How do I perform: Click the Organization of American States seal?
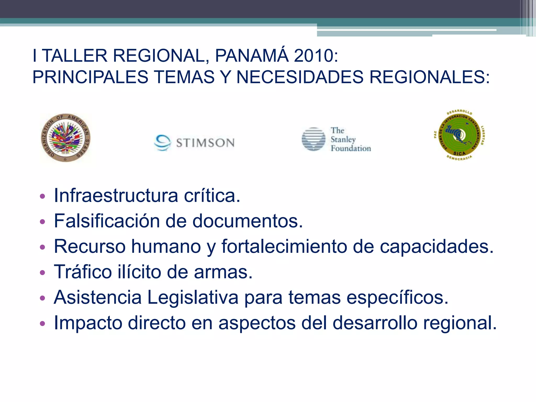(66, 138)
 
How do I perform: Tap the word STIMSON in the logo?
(205, 143)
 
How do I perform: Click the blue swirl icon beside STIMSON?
(163, 143)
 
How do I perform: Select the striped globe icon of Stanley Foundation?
(313, 139)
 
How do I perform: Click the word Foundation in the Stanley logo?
(351, 148)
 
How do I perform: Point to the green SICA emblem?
(459, 135)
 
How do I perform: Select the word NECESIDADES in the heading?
(300, 77)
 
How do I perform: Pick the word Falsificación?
(107, 221)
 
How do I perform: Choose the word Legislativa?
(193, 297)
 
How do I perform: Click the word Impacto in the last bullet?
(88, 323)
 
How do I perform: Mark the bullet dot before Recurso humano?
(42, 247)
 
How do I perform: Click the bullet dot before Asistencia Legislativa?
(42, 298)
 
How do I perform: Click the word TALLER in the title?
(75, 56)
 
